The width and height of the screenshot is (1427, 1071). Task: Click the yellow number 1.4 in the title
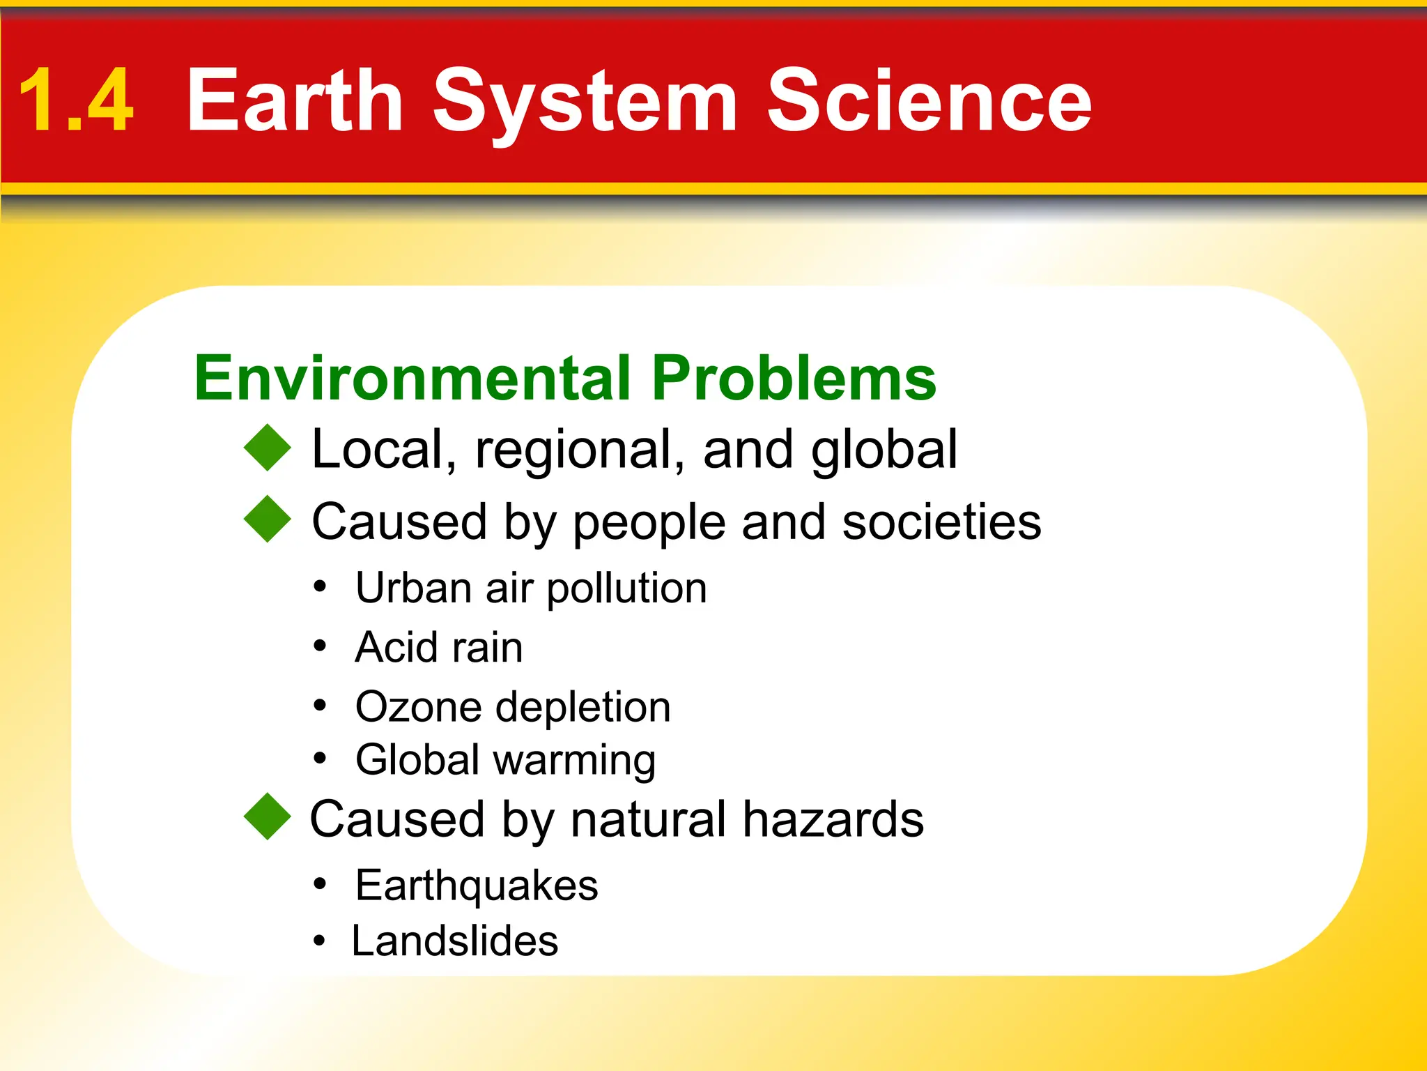coord(75,101)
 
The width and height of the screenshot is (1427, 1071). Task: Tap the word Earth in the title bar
coord(295,101)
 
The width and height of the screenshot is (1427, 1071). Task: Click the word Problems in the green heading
coord(794,378)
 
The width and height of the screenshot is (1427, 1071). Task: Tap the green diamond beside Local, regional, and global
coord(268,448)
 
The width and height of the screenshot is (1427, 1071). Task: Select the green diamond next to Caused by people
coord(268,519)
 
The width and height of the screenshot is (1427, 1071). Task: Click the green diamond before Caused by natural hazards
coord(268,816)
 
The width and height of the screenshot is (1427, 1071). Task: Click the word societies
coord(941,522)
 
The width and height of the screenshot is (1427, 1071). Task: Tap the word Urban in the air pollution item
coord(414,588)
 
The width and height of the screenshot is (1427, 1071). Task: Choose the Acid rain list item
coord(439,647)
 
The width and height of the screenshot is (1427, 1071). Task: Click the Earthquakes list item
coord(477,886)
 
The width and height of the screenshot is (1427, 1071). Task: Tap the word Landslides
coord(455,941)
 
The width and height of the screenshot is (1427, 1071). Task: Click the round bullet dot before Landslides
coord(319,941)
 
